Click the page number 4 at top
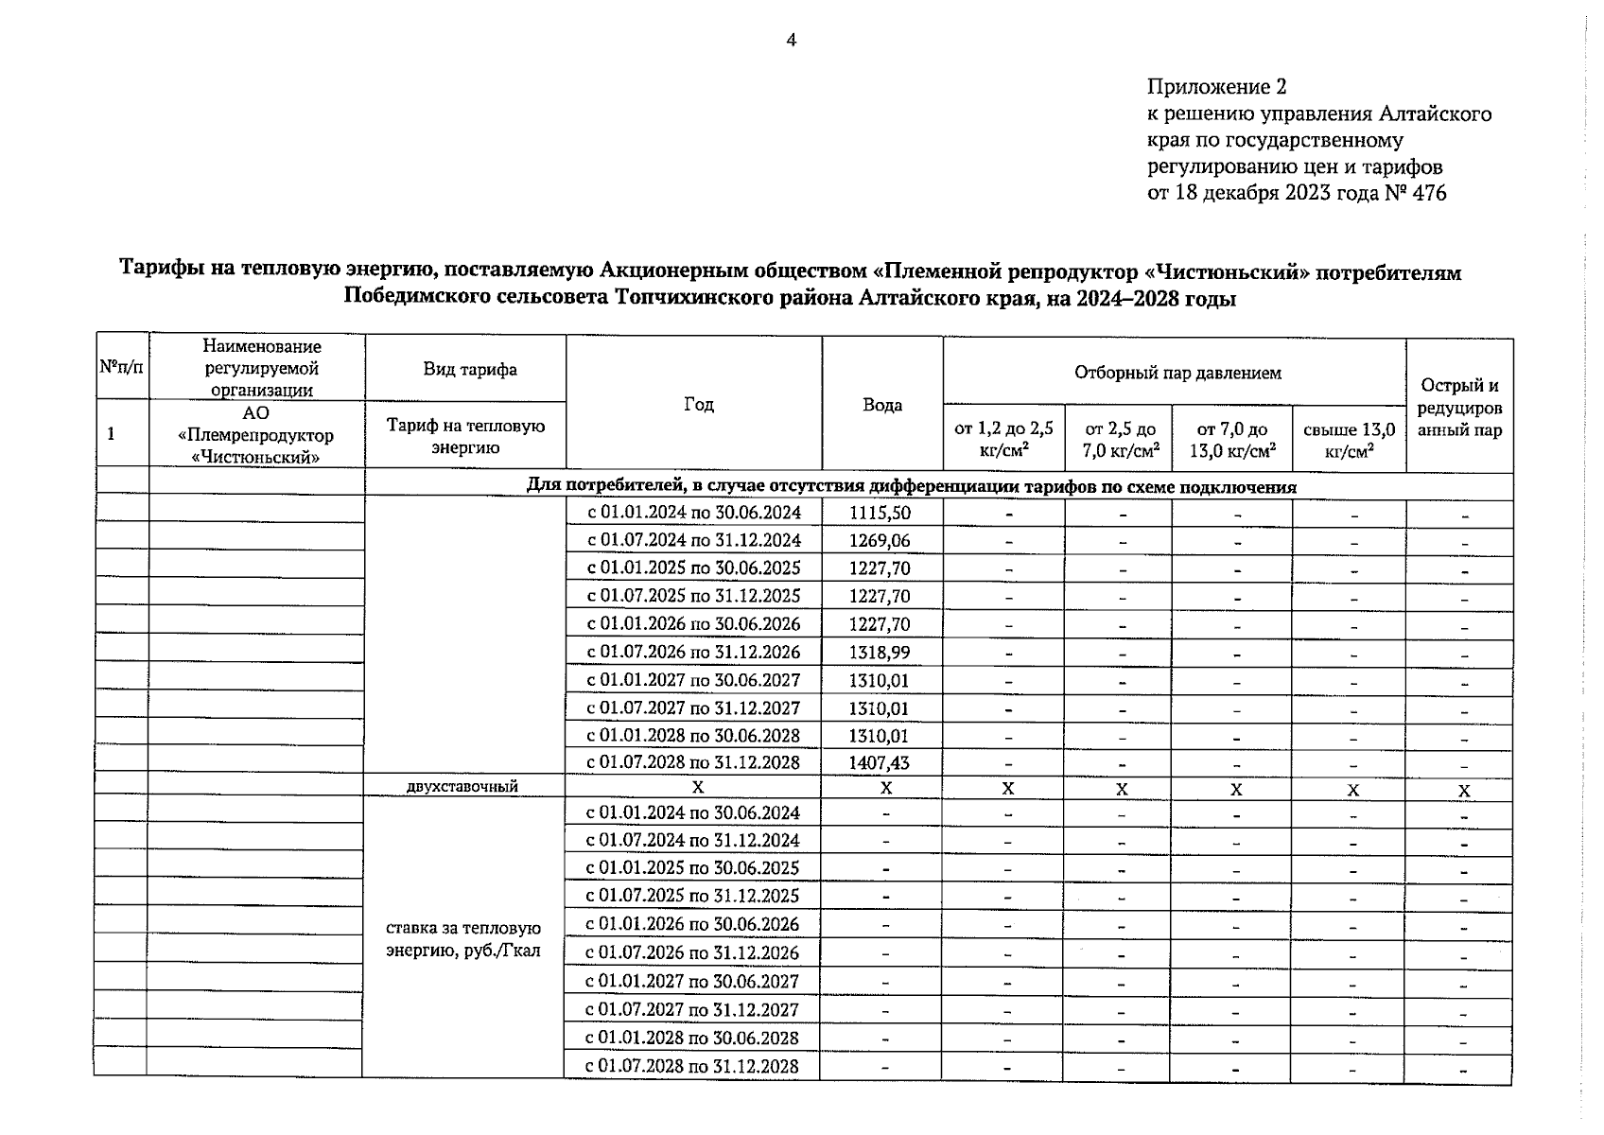(792, 40)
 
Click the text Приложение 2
(1216, 87)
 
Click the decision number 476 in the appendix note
(1428, 193)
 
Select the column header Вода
(881, 405)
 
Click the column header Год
(698, 404)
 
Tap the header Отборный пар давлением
(1177, 373)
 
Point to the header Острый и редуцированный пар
(1459, 408)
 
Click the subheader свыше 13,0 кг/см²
(1349, 441)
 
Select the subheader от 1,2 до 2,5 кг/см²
(1003, 441)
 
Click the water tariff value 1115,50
(880, 513)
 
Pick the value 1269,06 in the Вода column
(880, 540)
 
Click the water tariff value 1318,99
(880, 652)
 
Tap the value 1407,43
(880, 762)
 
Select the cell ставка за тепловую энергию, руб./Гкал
(463, 939)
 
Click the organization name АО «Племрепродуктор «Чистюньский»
(255, 435)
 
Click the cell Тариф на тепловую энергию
(465, 436)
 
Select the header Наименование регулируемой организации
(261, 368)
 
